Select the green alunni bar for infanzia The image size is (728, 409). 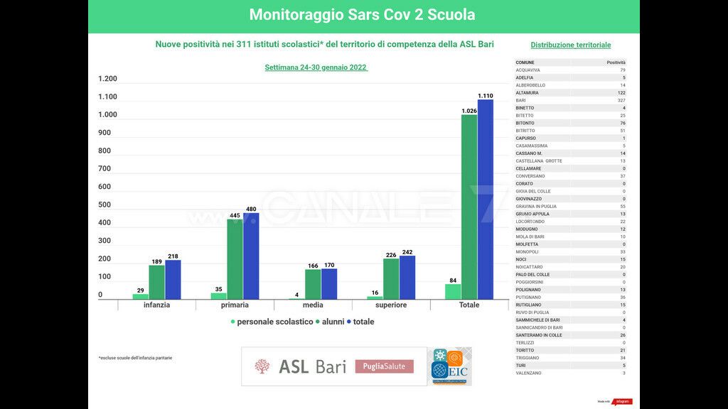(156, 282)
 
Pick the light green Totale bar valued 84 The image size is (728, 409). (453, 291)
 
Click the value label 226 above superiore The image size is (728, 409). (390, 254)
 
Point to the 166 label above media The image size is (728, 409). (313, 265)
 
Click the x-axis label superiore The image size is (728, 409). (391, 305)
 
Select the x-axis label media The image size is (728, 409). (313, 305)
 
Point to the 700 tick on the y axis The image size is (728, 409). (105, 169)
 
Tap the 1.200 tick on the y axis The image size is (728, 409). (107, 79)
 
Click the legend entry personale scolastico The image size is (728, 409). (274, 322)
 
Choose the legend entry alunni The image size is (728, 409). (333, 322)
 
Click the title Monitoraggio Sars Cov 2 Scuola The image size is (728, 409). (363, 15)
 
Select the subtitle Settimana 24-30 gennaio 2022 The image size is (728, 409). (316, 67)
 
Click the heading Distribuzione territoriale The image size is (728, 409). (570, 45)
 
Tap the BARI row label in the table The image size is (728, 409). (521, 100)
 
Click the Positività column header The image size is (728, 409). (616, 62)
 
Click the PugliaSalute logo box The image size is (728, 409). (384, 366)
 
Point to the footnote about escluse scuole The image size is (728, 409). (135, 358)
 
